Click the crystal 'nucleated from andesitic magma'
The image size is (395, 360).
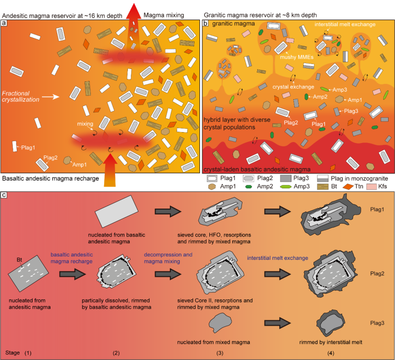(30, 271)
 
